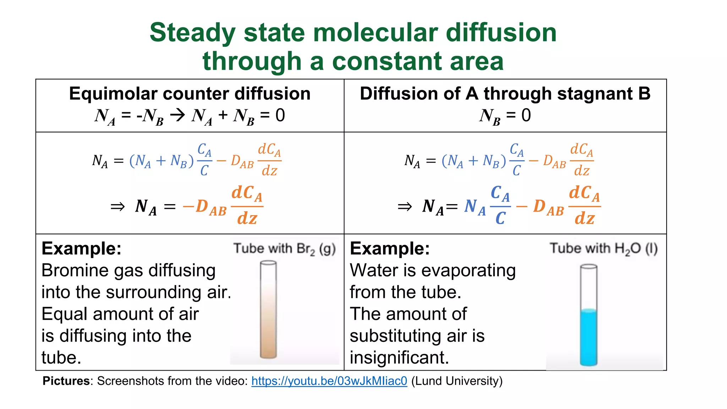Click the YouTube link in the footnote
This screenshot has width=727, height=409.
tap(329, 381)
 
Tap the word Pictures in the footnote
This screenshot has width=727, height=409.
tap(66, 381)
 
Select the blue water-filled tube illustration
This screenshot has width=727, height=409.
tap(589, 316)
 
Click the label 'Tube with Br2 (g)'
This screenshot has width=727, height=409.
tap(284, 249)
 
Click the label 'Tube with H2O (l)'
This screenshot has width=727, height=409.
tap(604, 249)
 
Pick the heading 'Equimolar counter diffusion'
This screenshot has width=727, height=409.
tap(190, 94)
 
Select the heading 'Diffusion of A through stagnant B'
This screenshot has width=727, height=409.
tap(505, 94)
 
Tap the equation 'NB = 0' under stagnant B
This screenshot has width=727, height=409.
tap(505, 116)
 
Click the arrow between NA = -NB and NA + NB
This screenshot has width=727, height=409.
tap(177, 115)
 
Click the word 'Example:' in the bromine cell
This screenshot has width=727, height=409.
tap(81, 249)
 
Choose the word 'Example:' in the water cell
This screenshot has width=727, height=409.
tap(390, 249)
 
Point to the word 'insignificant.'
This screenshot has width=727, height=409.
tap(399, 358)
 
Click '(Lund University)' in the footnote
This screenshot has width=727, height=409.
tap(457, 381)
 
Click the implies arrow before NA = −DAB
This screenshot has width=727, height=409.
tap(117, 207)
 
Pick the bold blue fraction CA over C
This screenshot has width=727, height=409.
tap(500, 206)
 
